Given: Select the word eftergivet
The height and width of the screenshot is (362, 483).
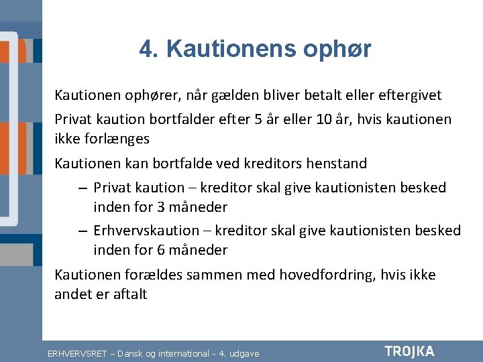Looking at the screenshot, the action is click(x=410, y=95).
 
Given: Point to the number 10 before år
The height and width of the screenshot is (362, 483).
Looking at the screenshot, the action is click(x=323, y=119).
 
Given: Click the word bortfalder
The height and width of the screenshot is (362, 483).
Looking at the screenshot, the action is click(x=182, y=119).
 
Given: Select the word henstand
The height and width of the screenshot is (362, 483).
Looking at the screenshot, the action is click(x=336, y=163).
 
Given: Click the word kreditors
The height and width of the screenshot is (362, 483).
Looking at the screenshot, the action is click(x=272, y=163).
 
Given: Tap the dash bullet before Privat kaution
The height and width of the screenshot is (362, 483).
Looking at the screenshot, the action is click(x=83, y=188).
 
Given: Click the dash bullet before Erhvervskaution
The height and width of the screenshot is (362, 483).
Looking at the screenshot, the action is click(x=83, y=231).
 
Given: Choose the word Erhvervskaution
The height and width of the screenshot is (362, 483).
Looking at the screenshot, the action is click(x=146, y=231).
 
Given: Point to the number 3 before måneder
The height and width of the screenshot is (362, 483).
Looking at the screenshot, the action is click(x=161, y=207).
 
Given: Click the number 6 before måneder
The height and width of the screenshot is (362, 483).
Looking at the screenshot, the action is click(x=161, y=250).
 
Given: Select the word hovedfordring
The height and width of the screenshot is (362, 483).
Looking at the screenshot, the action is click(x=327, y=275).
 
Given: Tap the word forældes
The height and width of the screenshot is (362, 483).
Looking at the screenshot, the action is click(x=154, y=275).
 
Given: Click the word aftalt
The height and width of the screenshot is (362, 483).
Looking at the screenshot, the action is click(x=130, y=294).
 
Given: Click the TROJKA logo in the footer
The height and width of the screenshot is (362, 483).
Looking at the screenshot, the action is click(x=410, y=352).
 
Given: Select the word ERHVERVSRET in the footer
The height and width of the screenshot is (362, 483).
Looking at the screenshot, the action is click(x=77, y=354).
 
